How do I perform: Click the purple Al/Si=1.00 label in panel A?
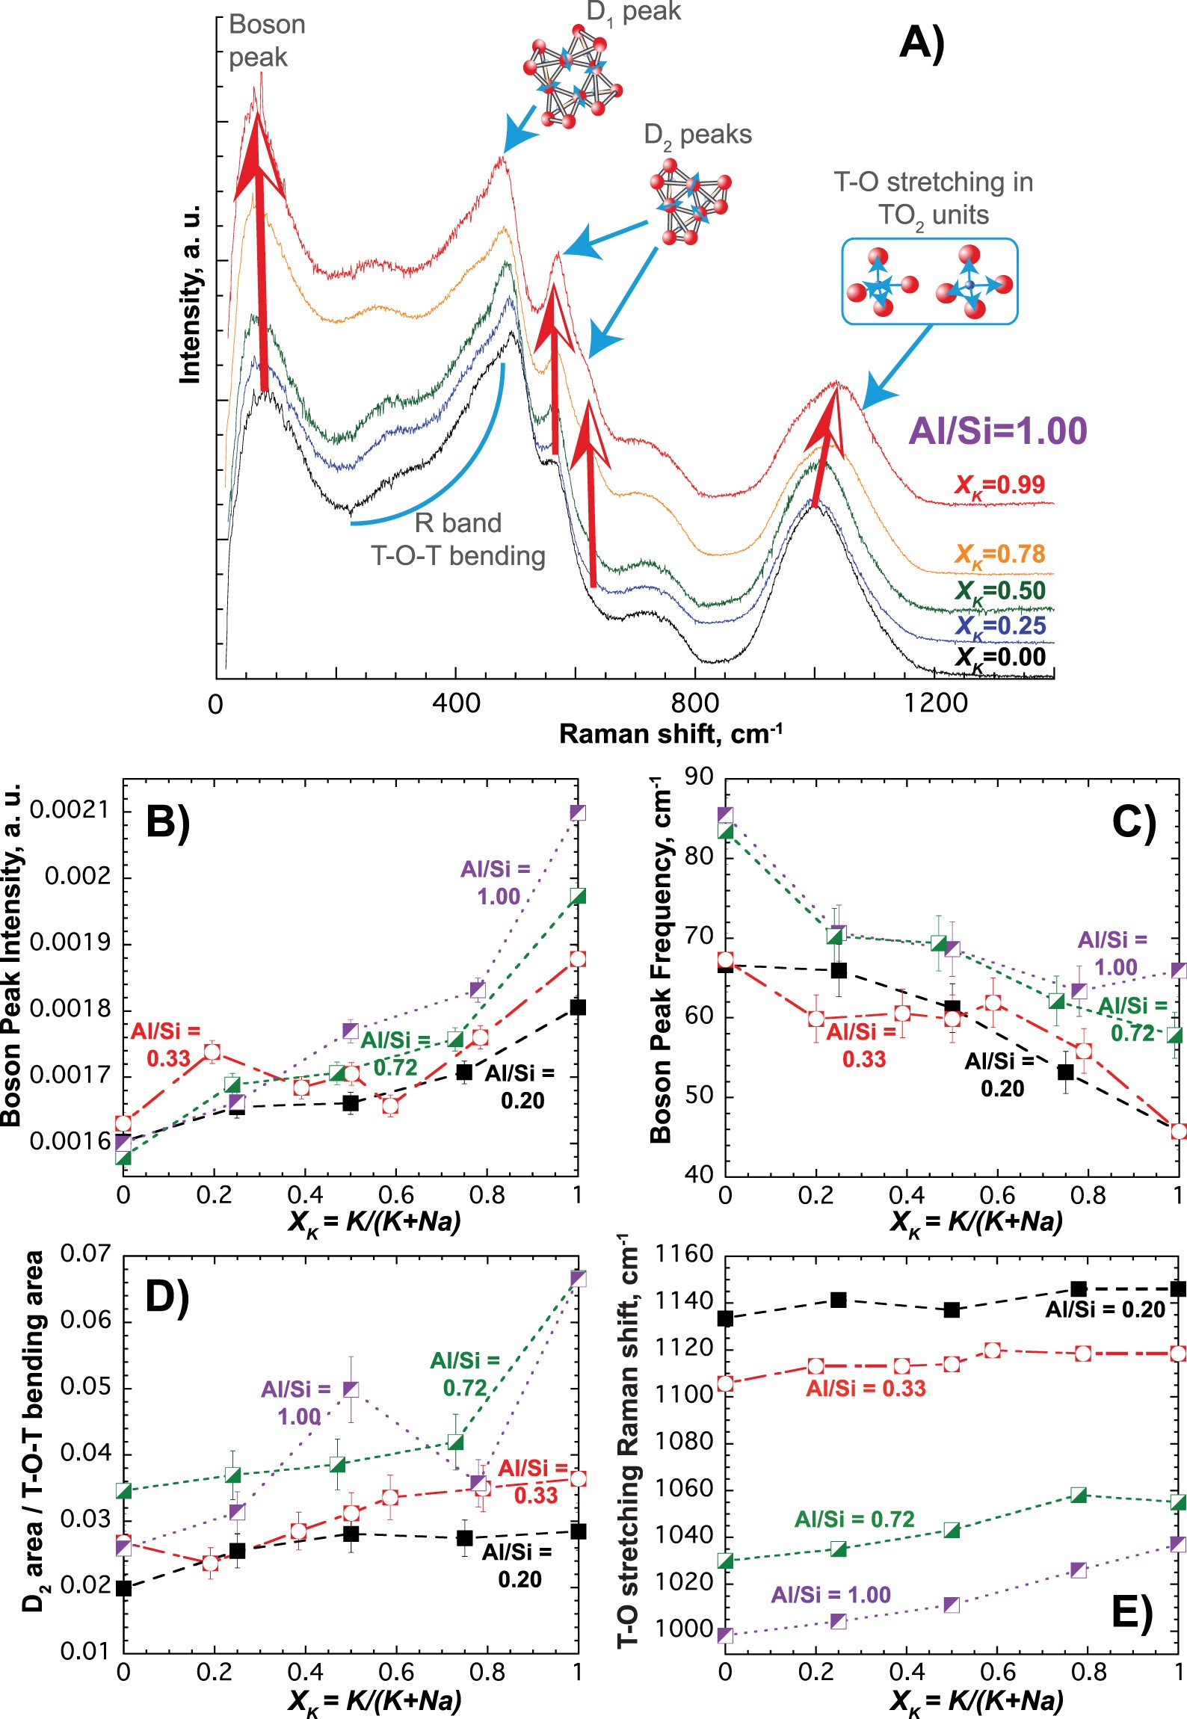pyautogui.click(x=997, y=431)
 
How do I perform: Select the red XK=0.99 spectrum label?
pyautogui.click(x=999, y=486)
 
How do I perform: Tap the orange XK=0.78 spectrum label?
pyautogui.click(x=999, y=555)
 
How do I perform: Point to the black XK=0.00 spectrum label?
pyautogui.click(x=999, y=658)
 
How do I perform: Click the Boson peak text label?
pyautogui.click(x=266, y=41)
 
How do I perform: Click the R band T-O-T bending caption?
pyautogui.click(x=458, y=540)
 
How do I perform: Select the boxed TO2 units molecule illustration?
pyautogui.click(x=929, y=281)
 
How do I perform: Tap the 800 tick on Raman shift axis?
pyautogui.click(x=694, y=703)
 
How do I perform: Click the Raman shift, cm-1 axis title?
pyautogui.click(x=670, y=734)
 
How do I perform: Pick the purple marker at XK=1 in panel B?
pyautogui.click(x=577, y=812)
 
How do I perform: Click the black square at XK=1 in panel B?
pyautogui.click(x=577, y=1007)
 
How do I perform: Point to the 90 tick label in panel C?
pyautogui.click(x=699, y=777)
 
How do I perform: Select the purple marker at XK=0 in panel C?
pyautogui.click(x=725, y=815)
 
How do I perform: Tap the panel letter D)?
pyautogui.click(x=167, y=1296)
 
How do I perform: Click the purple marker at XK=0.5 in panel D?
pyautogui.click(x=351, y=1389)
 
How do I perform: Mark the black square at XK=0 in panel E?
pyautogui.click(x=725, y=1319)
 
